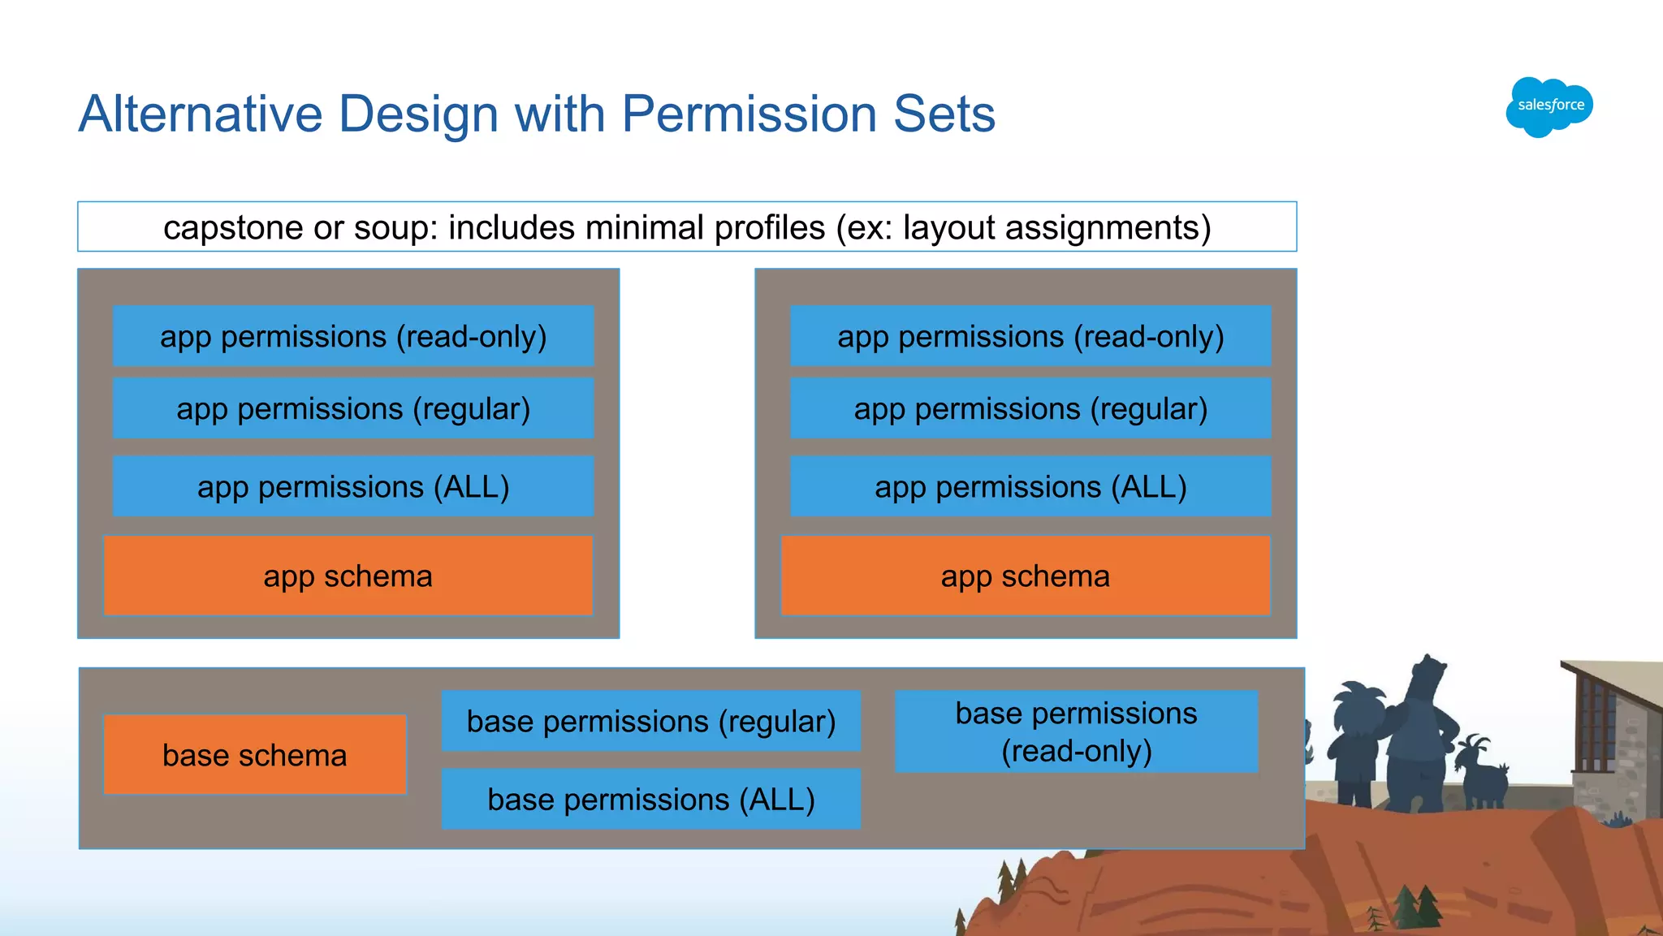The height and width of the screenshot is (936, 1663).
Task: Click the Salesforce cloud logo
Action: (1549, 106)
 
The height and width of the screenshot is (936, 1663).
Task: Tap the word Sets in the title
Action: (944, 114)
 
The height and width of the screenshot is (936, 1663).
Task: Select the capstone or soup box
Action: (687, 227)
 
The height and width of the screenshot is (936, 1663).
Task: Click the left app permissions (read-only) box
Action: (353, 336)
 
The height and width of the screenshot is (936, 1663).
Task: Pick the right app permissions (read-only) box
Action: (1030, 336)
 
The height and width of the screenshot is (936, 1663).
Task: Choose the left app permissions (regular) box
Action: (353, 408)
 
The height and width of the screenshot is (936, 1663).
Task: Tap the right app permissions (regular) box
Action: (1030, 408)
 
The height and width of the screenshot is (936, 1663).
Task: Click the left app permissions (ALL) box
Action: (353, 486)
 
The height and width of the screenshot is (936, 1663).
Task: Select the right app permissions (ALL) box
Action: (1030, 486)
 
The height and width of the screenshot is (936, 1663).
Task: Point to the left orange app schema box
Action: (348, 576)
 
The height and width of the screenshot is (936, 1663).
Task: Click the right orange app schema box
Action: (1025, 576)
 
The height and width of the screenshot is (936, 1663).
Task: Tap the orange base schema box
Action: (254, 755)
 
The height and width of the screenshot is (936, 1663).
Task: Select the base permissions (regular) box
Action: (650, 721)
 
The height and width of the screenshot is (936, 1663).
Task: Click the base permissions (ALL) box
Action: (650, 799)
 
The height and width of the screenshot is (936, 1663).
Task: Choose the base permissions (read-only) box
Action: (1076, 731)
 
